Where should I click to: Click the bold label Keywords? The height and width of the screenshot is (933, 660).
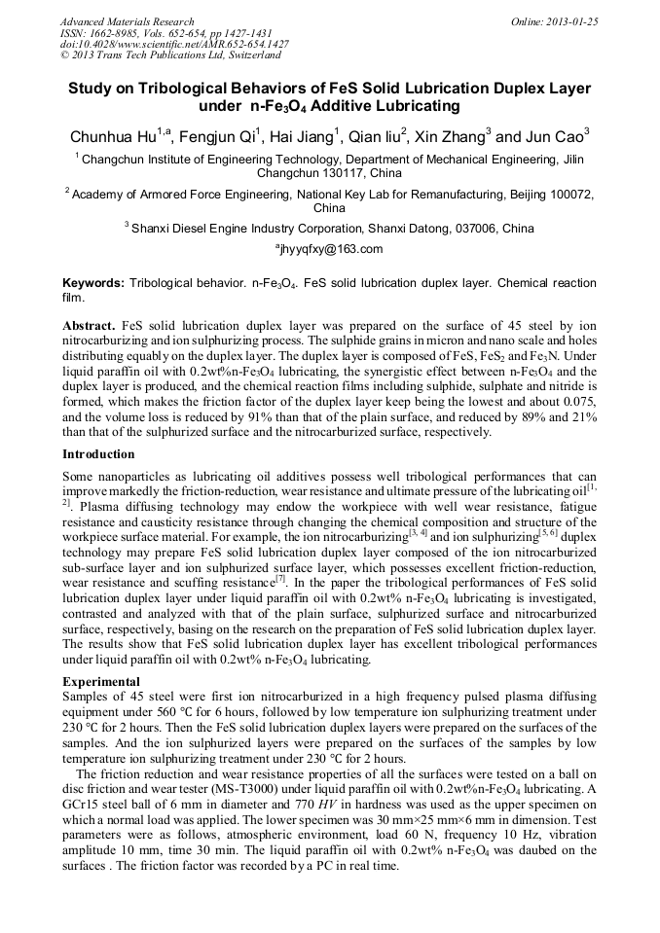click(x=93, y=283)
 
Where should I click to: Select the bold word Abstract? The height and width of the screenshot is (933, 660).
click(x=89, y=324)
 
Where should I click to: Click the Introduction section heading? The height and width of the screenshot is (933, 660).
click(x=98, y=454)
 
